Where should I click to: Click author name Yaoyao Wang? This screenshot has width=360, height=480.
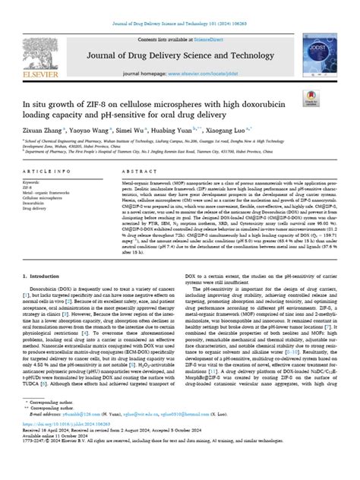92,130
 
